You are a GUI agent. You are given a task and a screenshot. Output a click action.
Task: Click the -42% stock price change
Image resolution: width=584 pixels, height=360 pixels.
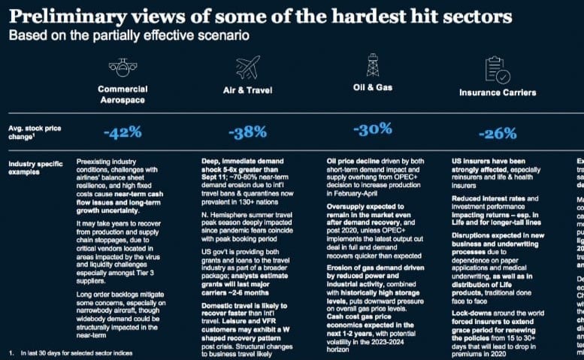click(122, 133)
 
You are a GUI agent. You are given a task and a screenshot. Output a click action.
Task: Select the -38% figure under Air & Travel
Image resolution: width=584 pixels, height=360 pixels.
click(247, 133)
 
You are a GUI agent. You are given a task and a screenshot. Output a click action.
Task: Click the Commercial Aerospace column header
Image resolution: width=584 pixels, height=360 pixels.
click(122, 94)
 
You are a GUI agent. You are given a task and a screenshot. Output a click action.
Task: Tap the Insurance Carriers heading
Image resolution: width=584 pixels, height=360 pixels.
click(498, 92)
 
